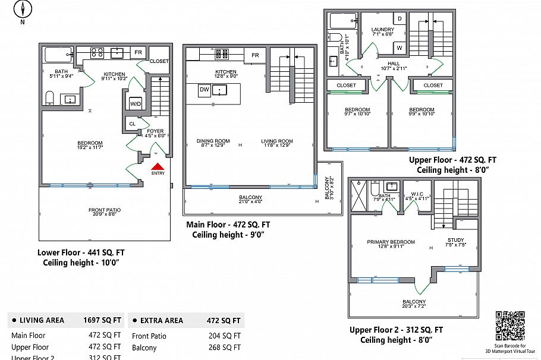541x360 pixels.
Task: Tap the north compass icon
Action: tap(23, 10)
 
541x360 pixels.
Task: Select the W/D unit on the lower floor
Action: tap(135, 103)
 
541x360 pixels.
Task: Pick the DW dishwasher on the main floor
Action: tap(204, 90)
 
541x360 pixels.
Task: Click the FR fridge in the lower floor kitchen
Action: tap(137, 52)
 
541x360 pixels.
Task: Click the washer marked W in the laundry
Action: tap(400, 47)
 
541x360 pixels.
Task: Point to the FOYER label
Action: tap(155, 131)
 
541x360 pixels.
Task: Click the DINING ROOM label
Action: tap(213, 141)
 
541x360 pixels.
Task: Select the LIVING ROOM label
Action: tap(278, 141)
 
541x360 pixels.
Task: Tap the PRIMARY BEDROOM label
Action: tap(391, 242)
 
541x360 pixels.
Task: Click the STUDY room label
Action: tap(457, 240)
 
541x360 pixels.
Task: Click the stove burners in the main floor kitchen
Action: tap(222, 53)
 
